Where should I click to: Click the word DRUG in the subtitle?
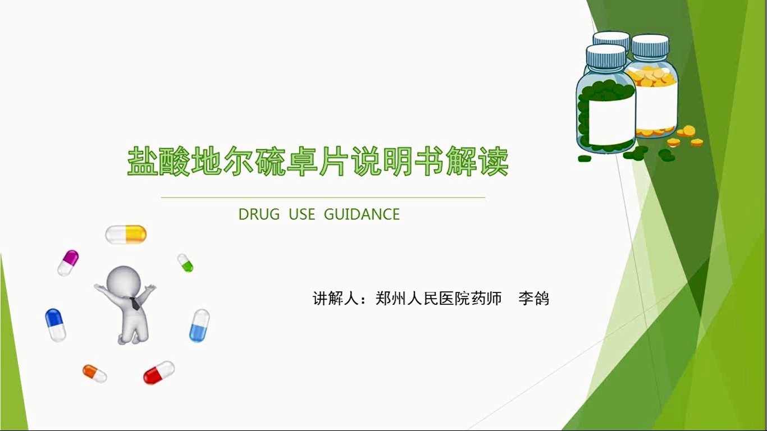coord(259,214)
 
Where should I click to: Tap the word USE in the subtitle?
coord(302,214)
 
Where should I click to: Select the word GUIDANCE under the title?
coord(362,214)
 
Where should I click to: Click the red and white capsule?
coord(159,372)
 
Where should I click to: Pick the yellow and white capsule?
coord(126,235)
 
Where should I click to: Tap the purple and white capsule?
coord(68,263)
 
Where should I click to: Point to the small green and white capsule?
coord(185,263)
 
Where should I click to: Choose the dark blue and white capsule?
coord(56,325)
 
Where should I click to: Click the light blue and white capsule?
coord(199,325)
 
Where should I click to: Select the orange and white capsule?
coord(94,374)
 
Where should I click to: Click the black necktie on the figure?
coord(135,304)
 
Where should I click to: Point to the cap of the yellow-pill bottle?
coord(650,45)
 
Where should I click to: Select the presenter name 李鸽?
coord(533,299)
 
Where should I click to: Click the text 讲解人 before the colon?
coord(336,299)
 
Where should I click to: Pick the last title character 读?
coord(493,161)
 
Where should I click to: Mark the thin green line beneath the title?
coord(323,198)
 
